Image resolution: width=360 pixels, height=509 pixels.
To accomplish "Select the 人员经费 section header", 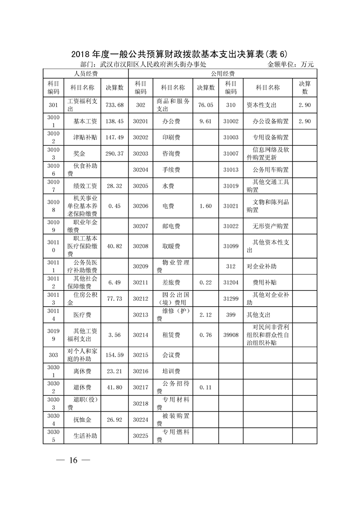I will pos(86,73).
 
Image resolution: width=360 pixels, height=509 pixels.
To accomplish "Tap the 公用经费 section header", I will pos(222,73).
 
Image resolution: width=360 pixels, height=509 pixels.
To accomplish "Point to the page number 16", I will pos(74,460).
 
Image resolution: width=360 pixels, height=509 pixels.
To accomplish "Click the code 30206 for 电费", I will pos(141,206).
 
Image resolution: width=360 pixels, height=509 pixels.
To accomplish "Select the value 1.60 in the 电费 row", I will pos(205,206).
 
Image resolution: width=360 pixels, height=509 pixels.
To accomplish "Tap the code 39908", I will pos(231,335).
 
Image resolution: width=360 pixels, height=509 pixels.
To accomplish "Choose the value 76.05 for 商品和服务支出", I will pos(205,105).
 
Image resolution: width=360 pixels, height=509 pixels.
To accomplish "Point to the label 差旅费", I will pos(171,282).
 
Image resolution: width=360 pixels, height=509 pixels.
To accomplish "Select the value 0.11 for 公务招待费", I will pos(205,387).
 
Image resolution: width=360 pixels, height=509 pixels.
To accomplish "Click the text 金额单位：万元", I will pos(291,64).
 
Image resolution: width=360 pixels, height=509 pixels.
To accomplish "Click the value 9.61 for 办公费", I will pos(205,122).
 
